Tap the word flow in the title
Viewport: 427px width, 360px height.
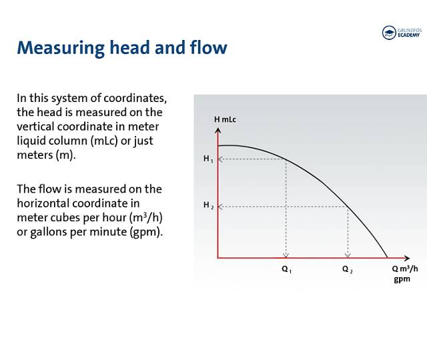(x=208, y=48)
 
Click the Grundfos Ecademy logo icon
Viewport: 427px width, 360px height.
(x=388, y=33)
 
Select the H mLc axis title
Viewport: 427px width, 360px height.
(x=225, y=119)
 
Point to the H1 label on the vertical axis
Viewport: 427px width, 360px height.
(x=208, y=159)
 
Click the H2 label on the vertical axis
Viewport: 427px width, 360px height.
(x=208, y=206)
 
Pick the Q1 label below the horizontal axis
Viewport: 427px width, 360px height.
(x=287, y=270)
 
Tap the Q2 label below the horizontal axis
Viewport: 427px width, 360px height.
(x=347, y=270)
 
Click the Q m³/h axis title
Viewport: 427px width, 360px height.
(x=405, y=269)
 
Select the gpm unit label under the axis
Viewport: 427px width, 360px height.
(x=402, y=279)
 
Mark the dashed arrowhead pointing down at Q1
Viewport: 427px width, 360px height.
(x=286, y=254)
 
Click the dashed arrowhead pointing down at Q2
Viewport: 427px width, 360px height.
(x=347, y=254)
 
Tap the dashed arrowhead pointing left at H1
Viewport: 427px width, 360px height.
(x=222, y=159)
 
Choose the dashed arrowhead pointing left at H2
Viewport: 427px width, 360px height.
(x=222, y=207)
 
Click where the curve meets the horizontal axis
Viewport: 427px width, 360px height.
(x=388, y=257)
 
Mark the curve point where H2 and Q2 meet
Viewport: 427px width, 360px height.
(x=347, y=207)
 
